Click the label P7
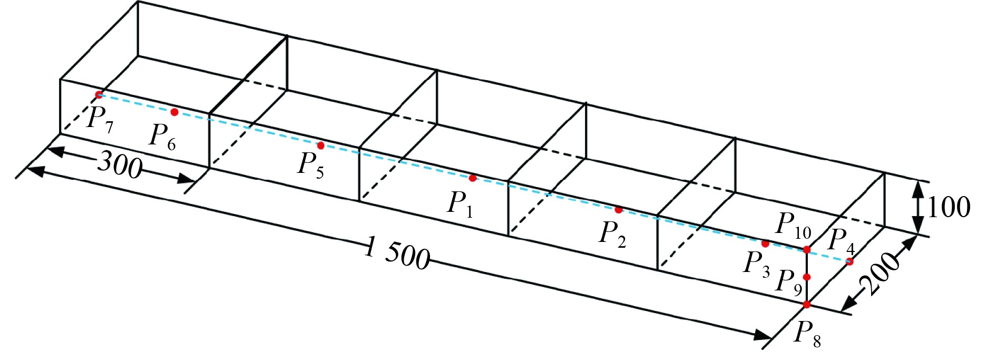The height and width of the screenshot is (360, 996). tap(100, 120)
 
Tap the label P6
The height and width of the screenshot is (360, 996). tap(162, 137)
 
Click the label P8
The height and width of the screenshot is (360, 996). tap(807, 334)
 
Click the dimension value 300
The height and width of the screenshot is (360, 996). tap(120, 164)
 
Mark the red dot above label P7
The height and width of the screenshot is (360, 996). tap(99, 95)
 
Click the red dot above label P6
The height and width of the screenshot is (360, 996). tap(174, 112)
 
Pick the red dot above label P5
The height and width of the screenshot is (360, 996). tap(320, 145)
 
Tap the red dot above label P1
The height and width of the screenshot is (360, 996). tap(472, 179)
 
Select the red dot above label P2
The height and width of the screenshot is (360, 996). tap(619, 210)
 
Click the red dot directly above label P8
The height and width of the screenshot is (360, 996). tap(807, 304)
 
